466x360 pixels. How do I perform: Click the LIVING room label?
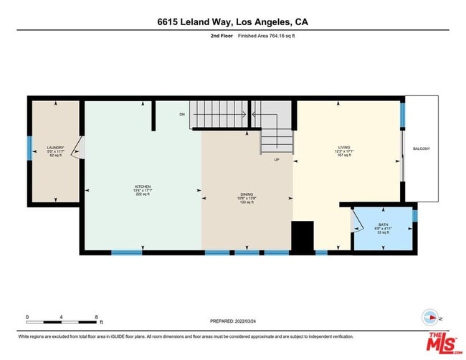point(344,148)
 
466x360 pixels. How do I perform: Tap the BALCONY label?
point(421,148)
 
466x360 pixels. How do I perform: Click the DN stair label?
point(183,114)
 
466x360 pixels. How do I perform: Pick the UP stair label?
point(276,160)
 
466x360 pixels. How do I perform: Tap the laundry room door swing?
point(81,148)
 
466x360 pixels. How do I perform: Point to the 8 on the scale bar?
point(96,316)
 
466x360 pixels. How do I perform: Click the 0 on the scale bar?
point(27,316)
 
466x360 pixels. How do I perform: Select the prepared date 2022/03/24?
point(233,321)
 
